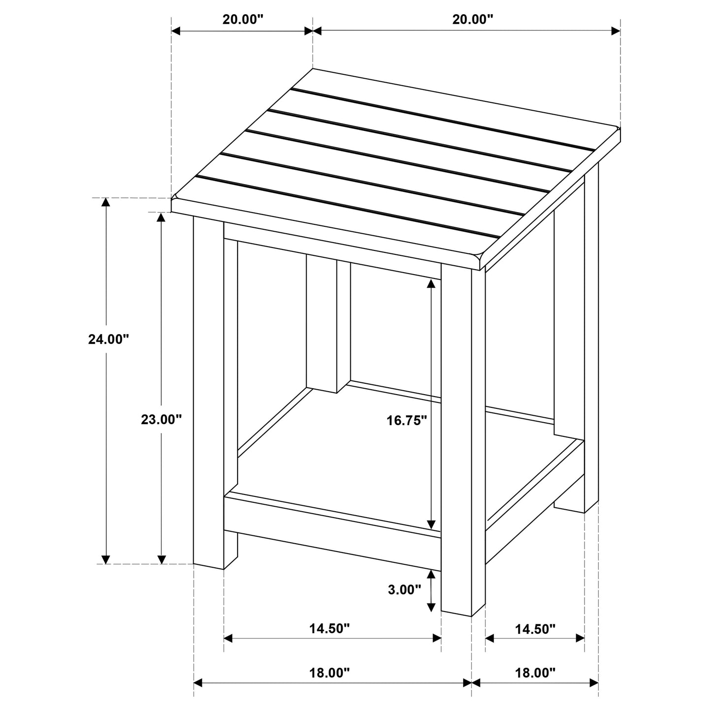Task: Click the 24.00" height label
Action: pos(108,339)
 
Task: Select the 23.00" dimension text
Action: pos(161,419)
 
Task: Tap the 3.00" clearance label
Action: pos(404,589)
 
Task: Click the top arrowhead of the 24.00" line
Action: pos(105,203)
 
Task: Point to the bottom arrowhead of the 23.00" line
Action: pos(161,559)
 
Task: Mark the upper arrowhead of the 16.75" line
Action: pos(432,283)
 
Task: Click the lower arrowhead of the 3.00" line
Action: pos(432,607)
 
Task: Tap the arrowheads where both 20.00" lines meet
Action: pos(313,31)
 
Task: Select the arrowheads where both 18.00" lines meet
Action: pos(472,683)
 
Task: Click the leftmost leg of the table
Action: pos(209,394)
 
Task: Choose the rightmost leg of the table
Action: pos(591,340)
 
